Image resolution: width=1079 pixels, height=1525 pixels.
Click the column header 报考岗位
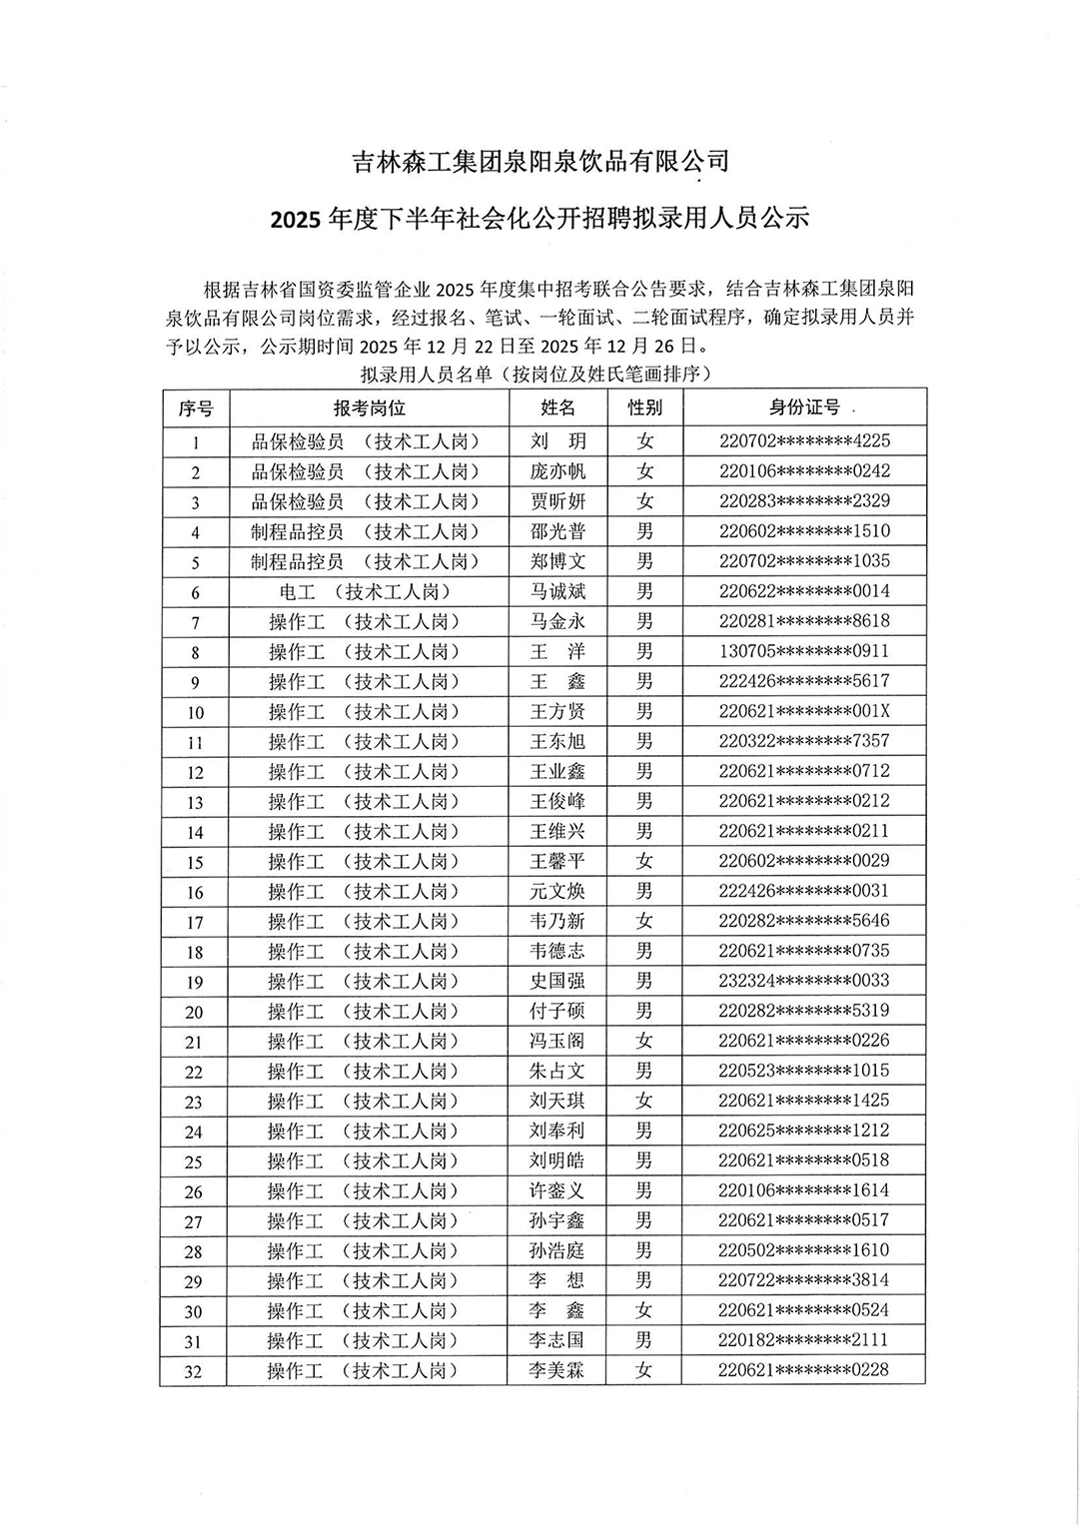click(x=369, y=408)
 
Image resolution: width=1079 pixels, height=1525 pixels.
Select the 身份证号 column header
click(x=804, y=407)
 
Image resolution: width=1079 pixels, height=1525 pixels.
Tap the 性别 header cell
click(x=644, y=407)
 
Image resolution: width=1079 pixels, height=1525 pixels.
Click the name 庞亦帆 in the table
click(x=557, y=471)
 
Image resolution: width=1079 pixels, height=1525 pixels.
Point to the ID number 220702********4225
click(x=804, y=440)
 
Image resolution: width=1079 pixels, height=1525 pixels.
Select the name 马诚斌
click(x=557, y=591)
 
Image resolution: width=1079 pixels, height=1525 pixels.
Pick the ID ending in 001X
click(x=804, y=711)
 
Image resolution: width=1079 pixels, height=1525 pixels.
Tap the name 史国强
click(x=557, y=981)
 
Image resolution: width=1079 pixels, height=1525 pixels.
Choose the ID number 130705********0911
click(x=804, y=651)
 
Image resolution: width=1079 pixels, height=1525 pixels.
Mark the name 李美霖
click(x=557, y=1370)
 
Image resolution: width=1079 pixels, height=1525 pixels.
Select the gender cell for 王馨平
click(x=644, y=861)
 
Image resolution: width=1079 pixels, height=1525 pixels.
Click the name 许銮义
click(x=557, y=1190)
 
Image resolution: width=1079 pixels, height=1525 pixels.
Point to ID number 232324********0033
click(x=804, y=981)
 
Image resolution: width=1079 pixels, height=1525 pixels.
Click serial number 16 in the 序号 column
click(x=194, y=892)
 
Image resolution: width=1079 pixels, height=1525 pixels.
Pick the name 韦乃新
click(x=557, y=921)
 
